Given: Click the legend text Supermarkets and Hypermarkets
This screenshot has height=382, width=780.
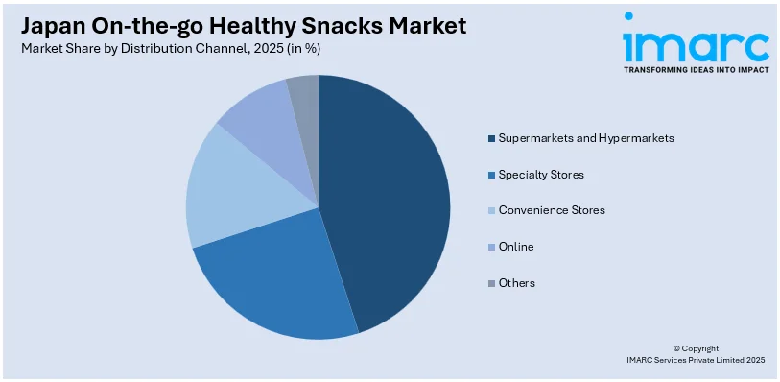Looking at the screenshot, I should click(585, 138).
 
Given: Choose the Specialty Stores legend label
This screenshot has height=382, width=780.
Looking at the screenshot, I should click(540, 175).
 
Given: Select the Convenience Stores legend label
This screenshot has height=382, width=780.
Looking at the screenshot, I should click(551, 210).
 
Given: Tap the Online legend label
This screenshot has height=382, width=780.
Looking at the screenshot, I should click(516, 247).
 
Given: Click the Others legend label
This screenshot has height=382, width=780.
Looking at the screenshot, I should click(517, 283).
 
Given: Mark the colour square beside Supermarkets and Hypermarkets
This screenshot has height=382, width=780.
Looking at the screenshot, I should click(491, 138).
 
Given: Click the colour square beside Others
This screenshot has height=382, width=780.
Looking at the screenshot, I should click(491, 283).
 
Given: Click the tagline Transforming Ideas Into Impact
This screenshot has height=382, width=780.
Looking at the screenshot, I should click(696, 70).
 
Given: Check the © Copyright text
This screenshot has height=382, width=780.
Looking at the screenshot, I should click(695, 348).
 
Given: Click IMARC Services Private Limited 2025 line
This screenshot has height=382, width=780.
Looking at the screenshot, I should click(695, 360).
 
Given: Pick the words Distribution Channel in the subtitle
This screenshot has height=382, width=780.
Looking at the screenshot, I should click(169, 49).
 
